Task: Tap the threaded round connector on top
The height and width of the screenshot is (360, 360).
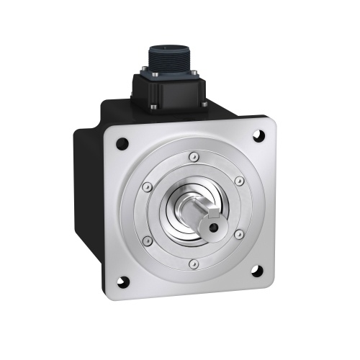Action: tap(169, 56)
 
